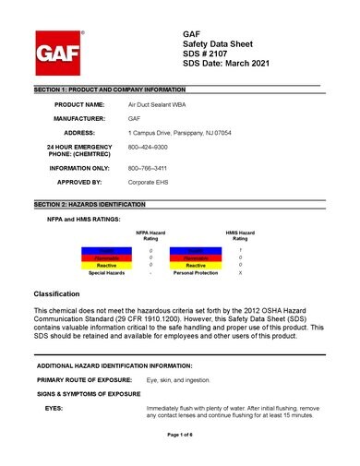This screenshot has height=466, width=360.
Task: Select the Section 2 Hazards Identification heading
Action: [x=89, y=202]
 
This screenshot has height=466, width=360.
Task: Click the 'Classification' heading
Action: [x=58, y=293]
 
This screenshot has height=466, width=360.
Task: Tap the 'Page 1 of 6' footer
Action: [x=180, y=434]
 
